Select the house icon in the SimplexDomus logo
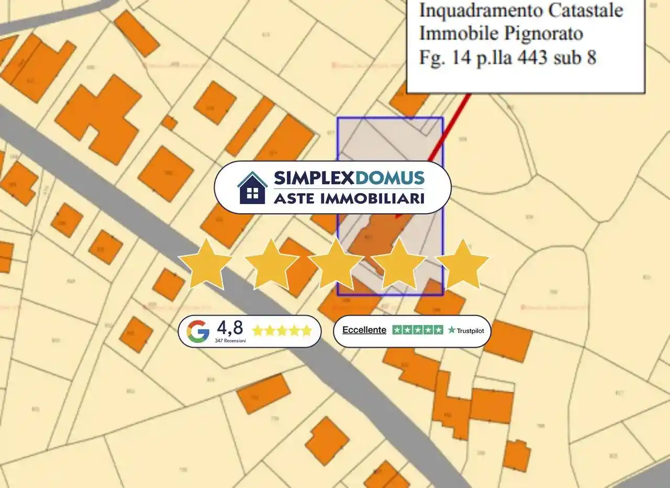pos(252,187)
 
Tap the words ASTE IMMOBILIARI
pos(349,198)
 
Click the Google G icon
pos(198,331)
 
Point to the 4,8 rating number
pos(230,328)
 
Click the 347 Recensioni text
pos(230,340)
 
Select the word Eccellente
pos(364,330)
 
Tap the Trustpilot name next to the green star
pos(470,331)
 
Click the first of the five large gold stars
pos(206,263)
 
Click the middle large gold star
pos(336,263)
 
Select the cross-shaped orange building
pos(99,118)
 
